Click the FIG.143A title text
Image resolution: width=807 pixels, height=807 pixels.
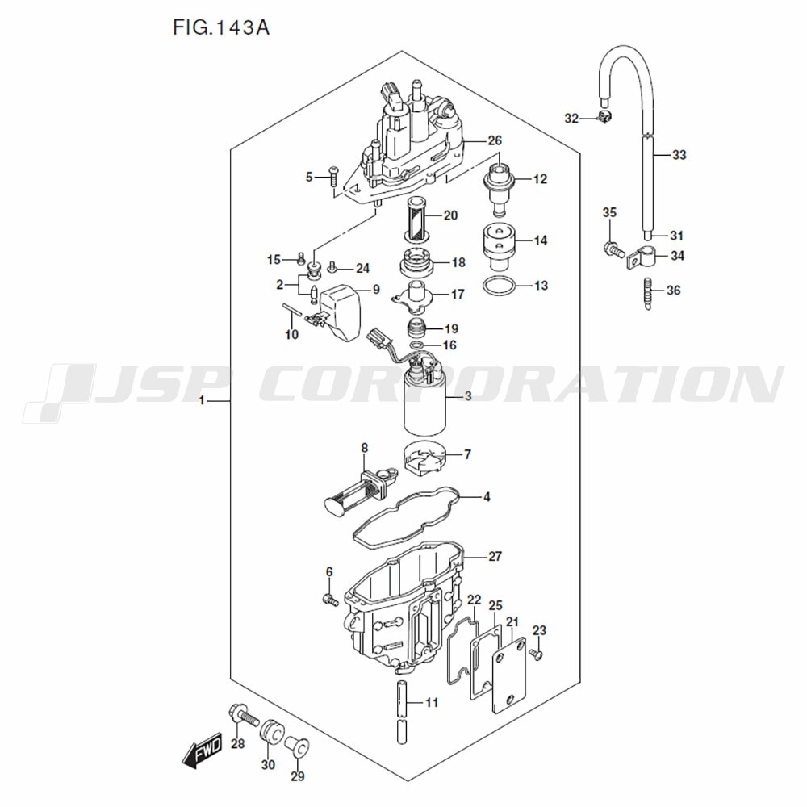tap(220, 28)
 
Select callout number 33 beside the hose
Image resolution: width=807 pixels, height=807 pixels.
tap(679, 154)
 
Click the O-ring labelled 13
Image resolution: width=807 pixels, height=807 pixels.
tap(498, 286)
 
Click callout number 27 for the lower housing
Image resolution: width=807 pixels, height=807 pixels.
tap(495, 556)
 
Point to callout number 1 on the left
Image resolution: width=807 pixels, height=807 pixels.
tap(203, 400)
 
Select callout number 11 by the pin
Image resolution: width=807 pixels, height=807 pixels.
tap(432, 703)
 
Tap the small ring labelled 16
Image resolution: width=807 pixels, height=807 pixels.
tap(414, 345)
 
